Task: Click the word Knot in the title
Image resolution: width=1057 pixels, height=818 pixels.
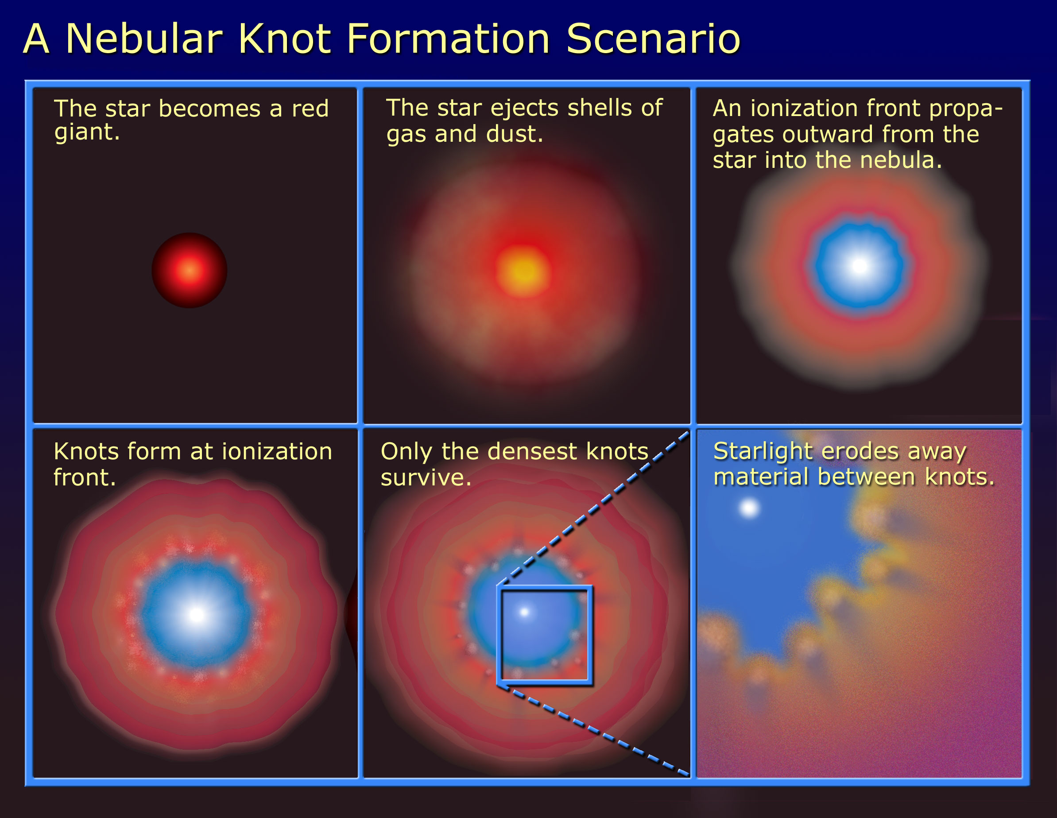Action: coord(285,38)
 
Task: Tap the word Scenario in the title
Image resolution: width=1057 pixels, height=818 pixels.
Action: coord(653,38)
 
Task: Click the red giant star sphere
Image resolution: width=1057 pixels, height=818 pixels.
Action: coord(189,270)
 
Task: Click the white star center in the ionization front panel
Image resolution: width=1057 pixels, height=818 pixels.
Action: coord(860,265)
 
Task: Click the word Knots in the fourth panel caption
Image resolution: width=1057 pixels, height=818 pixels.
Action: coord(86,451)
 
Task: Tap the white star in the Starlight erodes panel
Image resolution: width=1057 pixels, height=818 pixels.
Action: coord(749,508)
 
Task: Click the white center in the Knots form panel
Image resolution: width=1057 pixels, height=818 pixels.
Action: coord(197,615)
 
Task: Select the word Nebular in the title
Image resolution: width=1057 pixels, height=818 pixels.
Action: coord(144,38)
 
